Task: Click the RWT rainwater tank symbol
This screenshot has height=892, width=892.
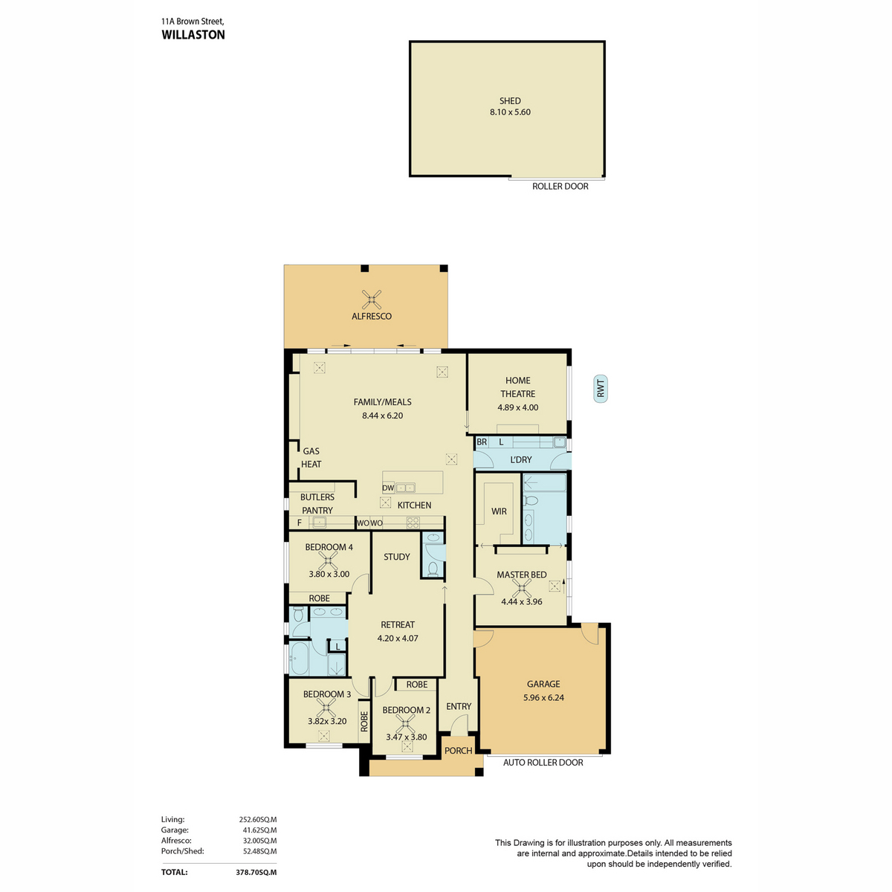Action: coord(600,388)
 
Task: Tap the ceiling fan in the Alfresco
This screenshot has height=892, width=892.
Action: coord(371,299)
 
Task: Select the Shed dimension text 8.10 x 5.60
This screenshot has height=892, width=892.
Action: coord(510,112)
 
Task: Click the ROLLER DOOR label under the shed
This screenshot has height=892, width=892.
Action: coord(560,186)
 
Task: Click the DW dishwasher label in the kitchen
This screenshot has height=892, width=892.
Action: coord(387,488)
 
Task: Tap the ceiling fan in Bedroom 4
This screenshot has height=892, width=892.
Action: coord(329,560)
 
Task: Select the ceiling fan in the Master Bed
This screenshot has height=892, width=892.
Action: coord(522,589)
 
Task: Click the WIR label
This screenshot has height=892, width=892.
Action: coord(499,511)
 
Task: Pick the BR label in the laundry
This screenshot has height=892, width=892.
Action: coord(482,442)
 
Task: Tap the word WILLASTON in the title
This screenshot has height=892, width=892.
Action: coord(193,35)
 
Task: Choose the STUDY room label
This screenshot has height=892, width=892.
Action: coord(397,557)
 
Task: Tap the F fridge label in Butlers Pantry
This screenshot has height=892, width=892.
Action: coord(300,523)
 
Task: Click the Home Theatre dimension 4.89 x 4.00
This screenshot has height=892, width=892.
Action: coord(517,407)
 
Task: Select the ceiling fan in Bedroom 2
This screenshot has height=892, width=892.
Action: coord(406,723)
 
